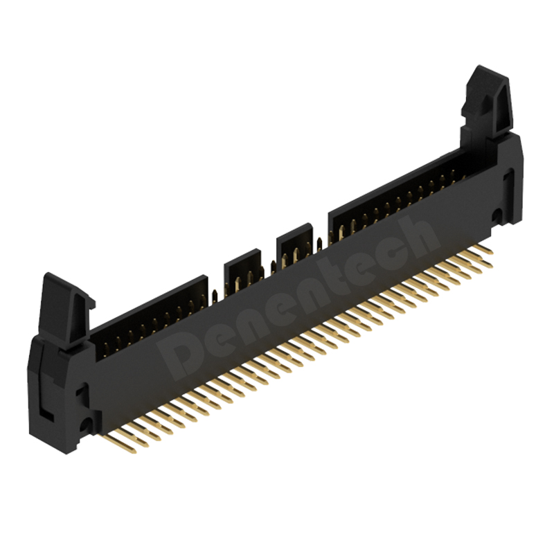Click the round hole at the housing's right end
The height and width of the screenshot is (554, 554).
coord(497,214)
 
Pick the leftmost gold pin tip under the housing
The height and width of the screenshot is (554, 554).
coord(133,452)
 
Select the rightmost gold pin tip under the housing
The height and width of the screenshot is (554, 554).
coord(490,251)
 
